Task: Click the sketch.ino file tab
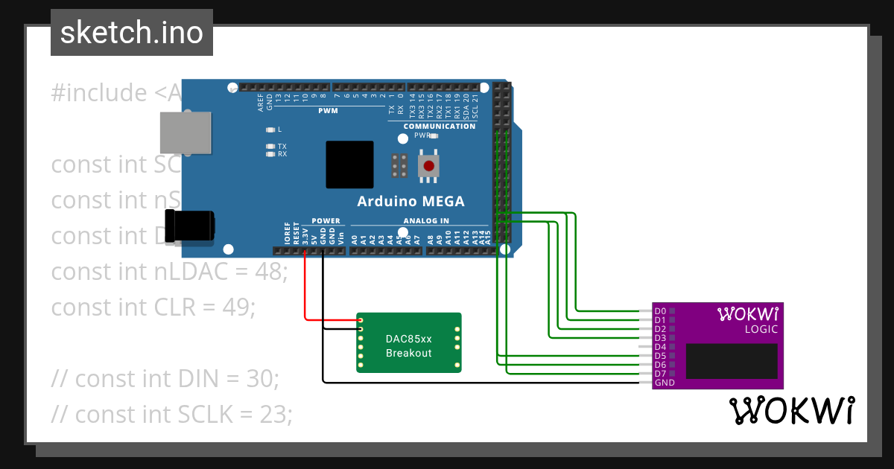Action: coord(131,33)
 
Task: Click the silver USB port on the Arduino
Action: coord(185,133)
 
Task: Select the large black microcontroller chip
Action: coord(349,165)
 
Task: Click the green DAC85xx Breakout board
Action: coord(408,343)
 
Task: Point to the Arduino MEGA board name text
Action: coord(410,201)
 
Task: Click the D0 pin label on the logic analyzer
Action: coord(660,311)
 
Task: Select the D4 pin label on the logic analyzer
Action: coord(660,347)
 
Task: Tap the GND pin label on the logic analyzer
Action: coord(664,383)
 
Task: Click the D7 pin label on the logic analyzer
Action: coord(660,374)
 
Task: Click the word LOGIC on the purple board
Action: coord(761,329)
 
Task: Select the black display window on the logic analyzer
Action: coord(732,361)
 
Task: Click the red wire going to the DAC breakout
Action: coord(305,290)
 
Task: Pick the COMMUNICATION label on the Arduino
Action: coord(439,126)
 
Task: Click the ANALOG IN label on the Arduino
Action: coord(426,220)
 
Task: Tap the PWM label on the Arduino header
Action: coord(328,111)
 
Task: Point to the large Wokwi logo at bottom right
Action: coord(791,411)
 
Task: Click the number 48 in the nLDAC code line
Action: coord(264,272)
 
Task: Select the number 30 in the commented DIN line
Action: coord(261,379)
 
